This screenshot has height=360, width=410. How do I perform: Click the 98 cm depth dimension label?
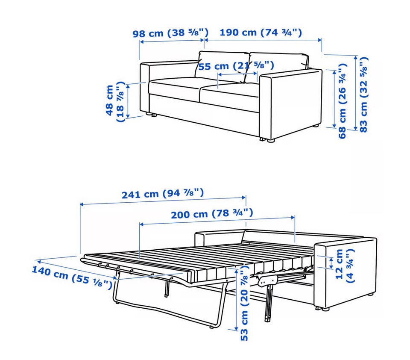(170, 33)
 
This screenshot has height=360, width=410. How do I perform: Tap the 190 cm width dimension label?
(261, 32)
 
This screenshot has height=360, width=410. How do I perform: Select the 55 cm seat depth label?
(236, 66)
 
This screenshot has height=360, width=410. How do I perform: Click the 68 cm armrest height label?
(343, 101)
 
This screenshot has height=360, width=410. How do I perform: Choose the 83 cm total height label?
(364, 94)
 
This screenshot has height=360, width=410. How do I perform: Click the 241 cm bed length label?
(163, 194)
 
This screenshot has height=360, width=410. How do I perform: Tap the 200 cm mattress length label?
(212, 213)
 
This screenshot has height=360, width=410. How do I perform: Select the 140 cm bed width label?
(72, 277)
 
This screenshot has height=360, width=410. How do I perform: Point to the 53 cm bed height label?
(244, 302)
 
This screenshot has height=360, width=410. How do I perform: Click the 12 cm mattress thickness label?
(345, 266)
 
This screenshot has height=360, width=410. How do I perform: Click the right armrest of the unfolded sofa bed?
(345, 272)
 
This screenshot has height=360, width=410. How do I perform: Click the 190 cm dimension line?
(263, 40)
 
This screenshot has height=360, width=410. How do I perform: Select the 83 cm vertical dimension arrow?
(355, 93)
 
